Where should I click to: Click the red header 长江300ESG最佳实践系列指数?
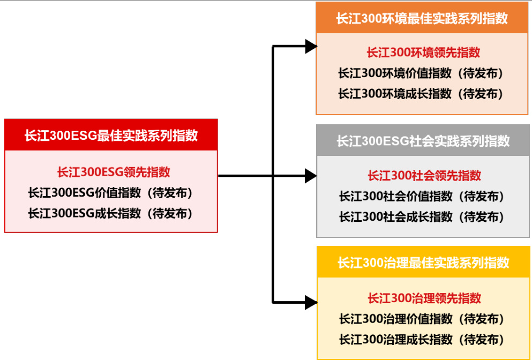(x=111, y=135)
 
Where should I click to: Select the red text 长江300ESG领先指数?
(x=114, y=172)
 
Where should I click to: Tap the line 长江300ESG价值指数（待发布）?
(x=110, y=192)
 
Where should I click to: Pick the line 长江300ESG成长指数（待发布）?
(x=110, y=213)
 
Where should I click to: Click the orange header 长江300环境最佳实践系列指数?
(x=422, y=18)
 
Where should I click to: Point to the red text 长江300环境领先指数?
(x=423, y=52)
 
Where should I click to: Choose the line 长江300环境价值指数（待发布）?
(x=421, y=73)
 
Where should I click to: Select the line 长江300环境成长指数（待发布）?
(x=421, y=94)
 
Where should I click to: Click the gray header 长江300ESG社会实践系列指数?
(x=423, y=141)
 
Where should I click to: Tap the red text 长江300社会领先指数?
(x=424, y=175)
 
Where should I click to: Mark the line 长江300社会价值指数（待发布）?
(x=422, y=196)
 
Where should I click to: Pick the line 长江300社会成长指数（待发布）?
(x=422, y=217)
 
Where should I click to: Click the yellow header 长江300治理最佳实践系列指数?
(x=423, y=263)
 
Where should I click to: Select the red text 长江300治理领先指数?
(x=424, y=298)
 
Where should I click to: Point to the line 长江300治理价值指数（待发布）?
(x=422, y=319)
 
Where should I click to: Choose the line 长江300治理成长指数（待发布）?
(x=422, y=340)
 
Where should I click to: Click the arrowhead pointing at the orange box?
(x=311, y=47)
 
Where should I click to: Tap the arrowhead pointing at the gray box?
(x=311, y=175)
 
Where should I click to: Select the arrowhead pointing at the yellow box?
(x=311, y=302)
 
